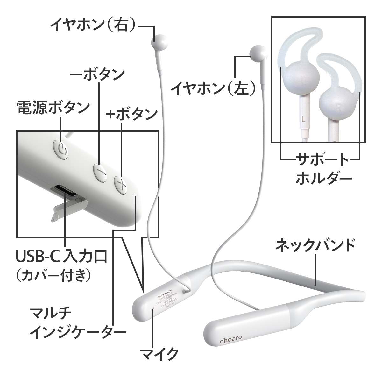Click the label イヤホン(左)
(x=214, y=88)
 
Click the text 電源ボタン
(x=53, y=108)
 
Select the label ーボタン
(x=97, y=74)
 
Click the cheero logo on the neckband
(x=231, y=340)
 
